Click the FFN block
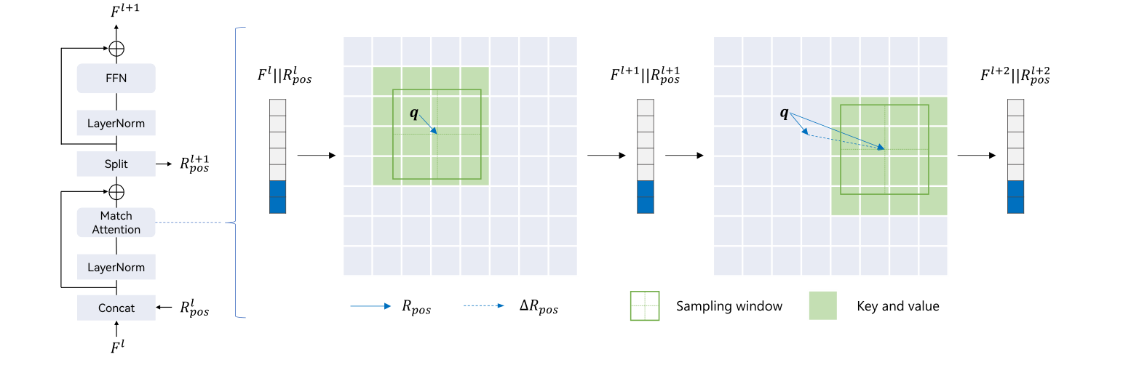point(116,78)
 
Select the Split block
point(116,164)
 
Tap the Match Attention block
point(116,223)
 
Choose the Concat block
point(116,308)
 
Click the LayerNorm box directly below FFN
point(116,123)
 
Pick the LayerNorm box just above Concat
point(116,267)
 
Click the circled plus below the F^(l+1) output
point(116,49)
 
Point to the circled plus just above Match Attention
point(116,192)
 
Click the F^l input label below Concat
point(116,347)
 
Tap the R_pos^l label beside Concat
point(194,308)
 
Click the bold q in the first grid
point(414,113)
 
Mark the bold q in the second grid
point(784,113)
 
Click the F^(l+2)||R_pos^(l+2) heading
point(1015,76)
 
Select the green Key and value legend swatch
point(822,305)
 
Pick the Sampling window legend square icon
point(644,305)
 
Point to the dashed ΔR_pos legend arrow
point(483,306)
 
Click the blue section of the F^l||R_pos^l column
point(278,197)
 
